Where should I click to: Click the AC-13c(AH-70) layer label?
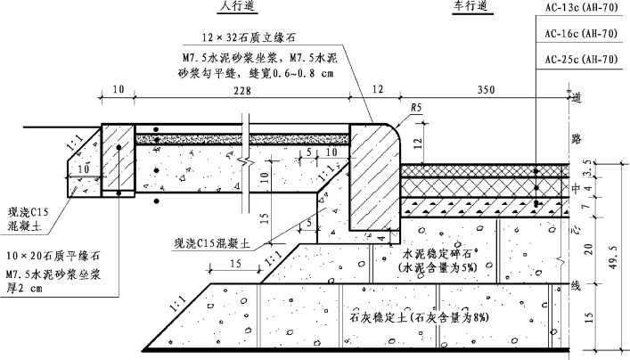pos(580,11)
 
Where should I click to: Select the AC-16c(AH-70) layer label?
pos(580,35)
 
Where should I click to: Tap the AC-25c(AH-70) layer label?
pos(580,59)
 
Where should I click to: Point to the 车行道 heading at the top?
pos(471,7)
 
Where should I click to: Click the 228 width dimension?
pos(241,90)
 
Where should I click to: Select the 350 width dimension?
pos(462,90)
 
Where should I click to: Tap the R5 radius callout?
pos(416,110)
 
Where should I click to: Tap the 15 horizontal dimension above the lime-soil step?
pos(236,264)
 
